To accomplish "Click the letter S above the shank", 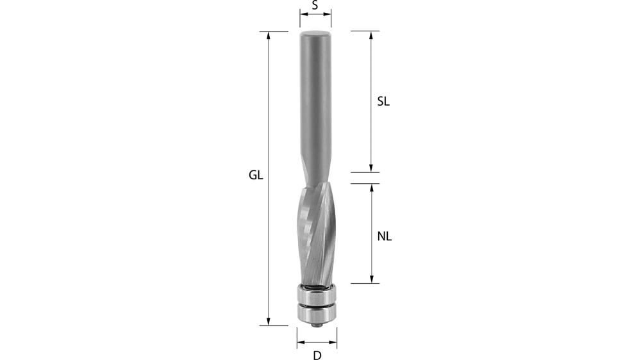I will pyautogui.click(x=315, y=6).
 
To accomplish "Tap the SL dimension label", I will pyautogui.click(x=383, y=101).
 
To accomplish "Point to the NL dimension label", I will pyautogui.click(x=384, y=236).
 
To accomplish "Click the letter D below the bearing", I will pyautogui.click(x=316, y=355).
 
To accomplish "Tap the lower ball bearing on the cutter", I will pyautogui.click(x=316, y=313).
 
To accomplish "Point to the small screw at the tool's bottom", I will pyautogui.click(x=316, y=325).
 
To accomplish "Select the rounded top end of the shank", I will pyautogui.click(x=315, y=32).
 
